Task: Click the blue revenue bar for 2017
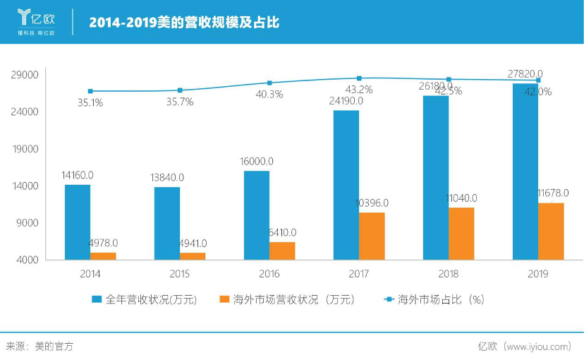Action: click(346, 185)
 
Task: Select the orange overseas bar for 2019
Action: click(550, 232)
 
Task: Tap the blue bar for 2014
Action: click(77, 222)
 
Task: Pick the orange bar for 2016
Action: click(282, 251)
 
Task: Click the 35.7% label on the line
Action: click(179, 102)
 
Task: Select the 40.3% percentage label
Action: click(269, 94)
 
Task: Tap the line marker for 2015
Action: click(180, 90)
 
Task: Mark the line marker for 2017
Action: click(359, 78)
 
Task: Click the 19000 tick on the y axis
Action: click(25, 149)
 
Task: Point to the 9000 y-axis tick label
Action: click(27, 223)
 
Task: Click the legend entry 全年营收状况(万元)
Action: click(145, 299)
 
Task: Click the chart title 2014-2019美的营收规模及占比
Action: click(184, 23)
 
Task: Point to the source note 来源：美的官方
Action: click(39, 346)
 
